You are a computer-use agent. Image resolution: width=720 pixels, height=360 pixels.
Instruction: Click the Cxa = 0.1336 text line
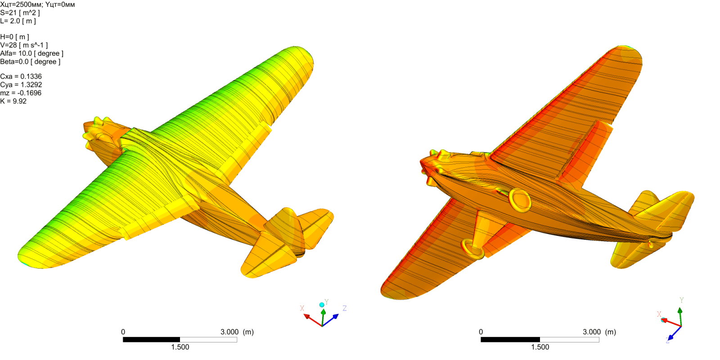[21, 76]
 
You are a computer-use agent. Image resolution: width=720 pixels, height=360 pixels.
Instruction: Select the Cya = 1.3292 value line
[21, 85]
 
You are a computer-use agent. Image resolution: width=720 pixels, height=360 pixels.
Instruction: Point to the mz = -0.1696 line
[21, 93]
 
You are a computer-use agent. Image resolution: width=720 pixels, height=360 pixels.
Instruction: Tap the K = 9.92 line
[13, 101]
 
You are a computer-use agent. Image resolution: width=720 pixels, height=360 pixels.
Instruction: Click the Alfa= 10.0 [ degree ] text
[31, 54]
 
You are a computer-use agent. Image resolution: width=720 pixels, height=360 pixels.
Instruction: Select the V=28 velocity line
[24, 45]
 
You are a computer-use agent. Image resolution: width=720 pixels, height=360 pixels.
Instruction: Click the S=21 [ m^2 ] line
[20, 13]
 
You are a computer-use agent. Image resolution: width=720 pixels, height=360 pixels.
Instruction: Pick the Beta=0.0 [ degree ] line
[30, 62]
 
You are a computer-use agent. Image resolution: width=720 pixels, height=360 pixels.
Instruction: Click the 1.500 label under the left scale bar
[180, 347]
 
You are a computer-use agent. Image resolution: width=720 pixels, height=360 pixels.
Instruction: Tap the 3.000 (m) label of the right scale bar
[599, 332]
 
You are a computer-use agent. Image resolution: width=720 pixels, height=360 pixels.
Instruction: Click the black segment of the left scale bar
[151, 340]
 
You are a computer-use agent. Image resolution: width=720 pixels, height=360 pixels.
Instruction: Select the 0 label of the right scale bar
[481, 332]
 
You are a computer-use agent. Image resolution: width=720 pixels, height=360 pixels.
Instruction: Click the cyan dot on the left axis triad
[322, 305]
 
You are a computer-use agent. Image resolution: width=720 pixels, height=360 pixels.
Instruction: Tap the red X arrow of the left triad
[311, 319]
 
